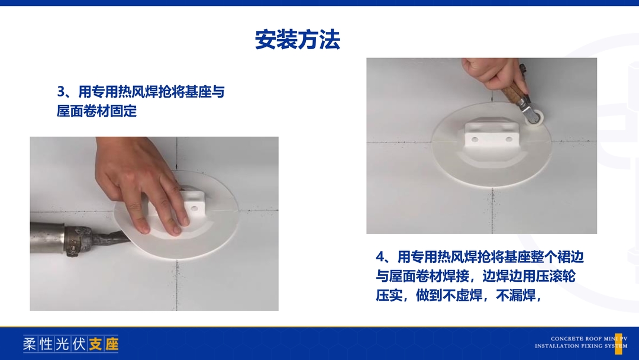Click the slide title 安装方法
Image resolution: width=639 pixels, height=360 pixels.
(x=298, y=40)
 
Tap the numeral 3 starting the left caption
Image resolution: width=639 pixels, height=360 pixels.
(x=61, y=92)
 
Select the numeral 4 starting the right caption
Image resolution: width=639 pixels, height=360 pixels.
(x=380, y=257)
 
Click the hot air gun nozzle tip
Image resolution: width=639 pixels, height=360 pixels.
(x=127, y=237)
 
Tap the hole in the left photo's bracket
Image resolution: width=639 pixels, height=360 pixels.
(x=195, y=209)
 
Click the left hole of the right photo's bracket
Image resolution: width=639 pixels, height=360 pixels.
(x=475, y=140)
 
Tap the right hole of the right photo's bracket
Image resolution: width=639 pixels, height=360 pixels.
(x=509, y=139)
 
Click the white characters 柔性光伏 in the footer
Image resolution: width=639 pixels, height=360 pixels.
(x=54, y=344)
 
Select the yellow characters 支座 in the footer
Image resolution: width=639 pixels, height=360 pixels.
(x=104, y=344)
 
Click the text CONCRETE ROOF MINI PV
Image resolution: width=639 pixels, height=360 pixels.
(x=589, y=339)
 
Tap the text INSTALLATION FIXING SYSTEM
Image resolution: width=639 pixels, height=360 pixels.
(x=581, y=346)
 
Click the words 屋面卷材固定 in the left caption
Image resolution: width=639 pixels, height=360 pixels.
(x=96, y=111)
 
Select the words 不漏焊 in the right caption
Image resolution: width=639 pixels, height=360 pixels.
(x=515, y=295)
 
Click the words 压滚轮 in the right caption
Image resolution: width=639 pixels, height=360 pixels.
(x=556, y=276)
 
